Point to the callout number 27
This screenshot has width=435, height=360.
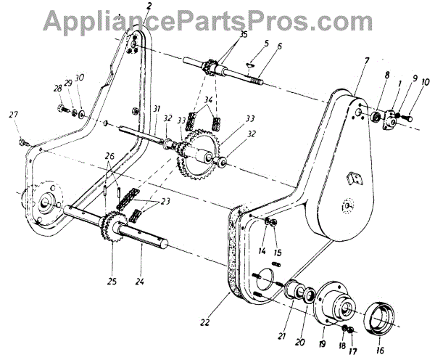pyautogui.click(x=12, y=115)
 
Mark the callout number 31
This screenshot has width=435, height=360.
pyautogui.click(x=157, y=109)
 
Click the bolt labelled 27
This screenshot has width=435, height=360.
pyautogui.click(x=26, y=141)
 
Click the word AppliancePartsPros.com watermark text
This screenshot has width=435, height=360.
pyautogui.click(x=217, y=20)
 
